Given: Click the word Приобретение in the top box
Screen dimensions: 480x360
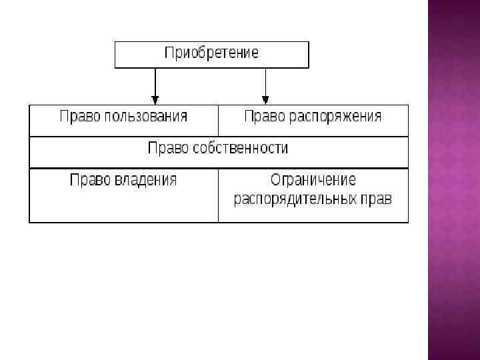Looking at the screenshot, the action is click(211, 53).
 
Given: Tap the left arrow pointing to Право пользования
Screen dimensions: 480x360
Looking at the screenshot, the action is click(155, 85).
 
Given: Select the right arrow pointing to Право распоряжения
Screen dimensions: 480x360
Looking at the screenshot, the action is click(265, 85).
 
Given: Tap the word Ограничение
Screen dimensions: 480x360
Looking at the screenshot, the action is click(313, 180).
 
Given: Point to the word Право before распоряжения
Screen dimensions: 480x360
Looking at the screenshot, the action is click(265, 117).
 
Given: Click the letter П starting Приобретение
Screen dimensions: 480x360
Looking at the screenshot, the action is click(169, 53).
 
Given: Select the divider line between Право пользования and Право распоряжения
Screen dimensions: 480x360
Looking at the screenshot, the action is click(218, 121).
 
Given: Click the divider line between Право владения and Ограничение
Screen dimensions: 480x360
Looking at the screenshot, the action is click(218, 195).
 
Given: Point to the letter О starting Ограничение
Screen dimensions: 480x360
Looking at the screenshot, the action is click(275, 180).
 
